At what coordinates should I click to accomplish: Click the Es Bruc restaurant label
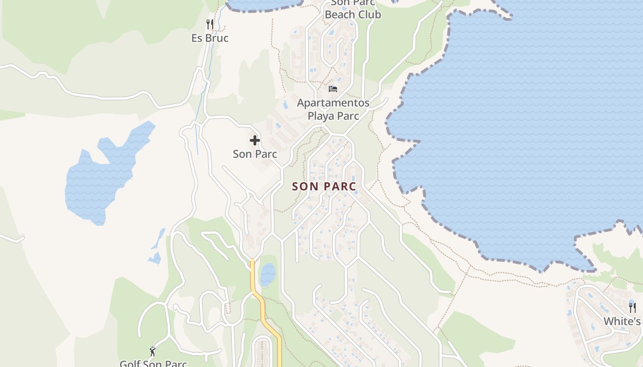point(210,38)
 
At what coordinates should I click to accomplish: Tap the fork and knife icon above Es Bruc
point(210,24)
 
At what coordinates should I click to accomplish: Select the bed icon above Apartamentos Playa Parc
point(333,89)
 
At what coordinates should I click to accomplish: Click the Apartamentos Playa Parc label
point(333,109)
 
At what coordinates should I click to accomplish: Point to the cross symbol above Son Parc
point(255,140)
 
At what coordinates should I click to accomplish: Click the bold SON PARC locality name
point(324,187)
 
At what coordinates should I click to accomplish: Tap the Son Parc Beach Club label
point(353,9)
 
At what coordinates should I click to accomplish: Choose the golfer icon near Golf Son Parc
point(153,352)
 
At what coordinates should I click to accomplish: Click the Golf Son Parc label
point(153,364)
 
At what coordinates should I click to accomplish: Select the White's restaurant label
point(622,321)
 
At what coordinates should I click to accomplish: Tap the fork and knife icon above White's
point(632,307)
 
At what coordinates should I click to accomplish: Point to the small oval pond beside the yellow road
point(268,275)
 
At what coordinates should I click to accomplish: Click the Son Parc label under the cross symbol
point(255,154)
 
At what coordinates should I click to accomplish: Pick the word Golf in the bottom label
point(130,364)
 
